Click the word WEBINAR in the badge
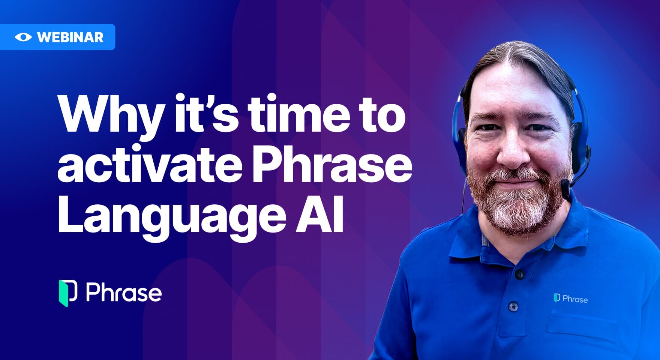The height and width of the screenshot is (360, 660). point(70,37)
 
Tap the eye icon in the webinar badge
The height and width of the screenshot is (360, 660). point(23,37)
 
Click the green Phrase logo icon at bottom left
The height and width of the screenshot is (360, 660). point(68,293)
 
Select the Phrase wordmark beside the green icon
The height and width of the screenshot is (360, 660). point(124,293)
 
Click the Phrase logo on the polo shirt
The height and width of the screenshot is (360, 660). point(571,298)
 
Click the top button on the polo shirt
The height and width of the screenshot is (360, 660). point(519,274)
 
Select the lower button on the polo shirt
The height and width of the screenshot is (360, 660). point(513,307)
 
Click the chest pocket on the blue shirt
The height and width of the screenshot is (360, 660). point(581,330)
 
